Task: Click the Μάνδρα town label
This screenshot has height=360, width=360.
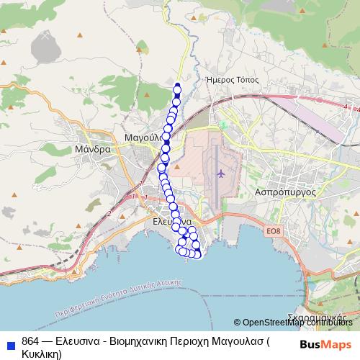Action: pyautogui.click(x=93, y=150)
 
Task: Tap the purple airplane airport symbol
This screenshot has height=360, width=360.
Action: pyautogui.click(x=220, y=173)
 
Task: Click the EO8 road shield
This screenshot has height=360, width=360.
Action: pyautogui.click(x=271, y=231)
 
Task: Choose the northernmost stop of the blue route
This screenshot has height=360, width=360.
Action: pyautogui.click(x=177, y=88)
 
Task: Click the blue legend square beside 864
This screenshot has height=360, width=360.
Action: pyautogui.click(x=9, y=342)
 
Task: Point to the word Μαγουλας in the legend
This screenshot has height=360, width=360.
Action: pyautogui.click(x=234, y=341)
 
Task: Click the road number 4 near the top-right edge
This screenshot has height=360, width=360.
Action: pyautogui.click(x=346, y=107)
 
